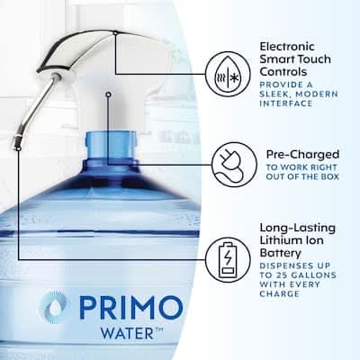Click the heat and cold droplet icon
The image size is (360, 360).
(x=228, y=73)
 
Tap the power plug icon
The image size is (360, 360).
(x=234, y=165)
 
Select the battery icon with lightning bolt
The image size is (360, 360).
(x=228, y=259)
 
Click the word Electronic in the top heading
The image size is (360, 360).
(x=287, y=47)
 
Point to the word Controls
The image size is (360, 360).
(x=283, y=72)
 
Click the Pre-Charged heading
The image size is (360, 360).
(x=302, y=155)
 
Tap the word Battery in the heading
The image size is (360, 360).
(x=280, y=253)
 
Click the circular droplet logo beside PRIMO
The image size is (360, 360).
(x=54, y=308)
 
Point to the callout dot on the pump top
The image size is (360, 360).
(x=115, y=32)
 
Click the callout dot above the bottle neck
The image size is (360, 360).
(x=109, y=94)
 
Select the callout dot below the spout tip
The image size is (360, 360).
(x=19, y=148)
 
